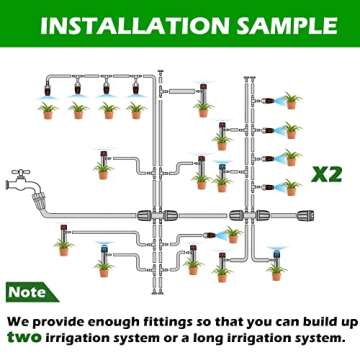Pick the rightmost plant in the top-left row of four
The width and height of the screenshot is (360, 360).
point(135,108)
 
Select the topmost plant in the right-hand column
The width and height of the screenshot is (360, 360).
point(292,101)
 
